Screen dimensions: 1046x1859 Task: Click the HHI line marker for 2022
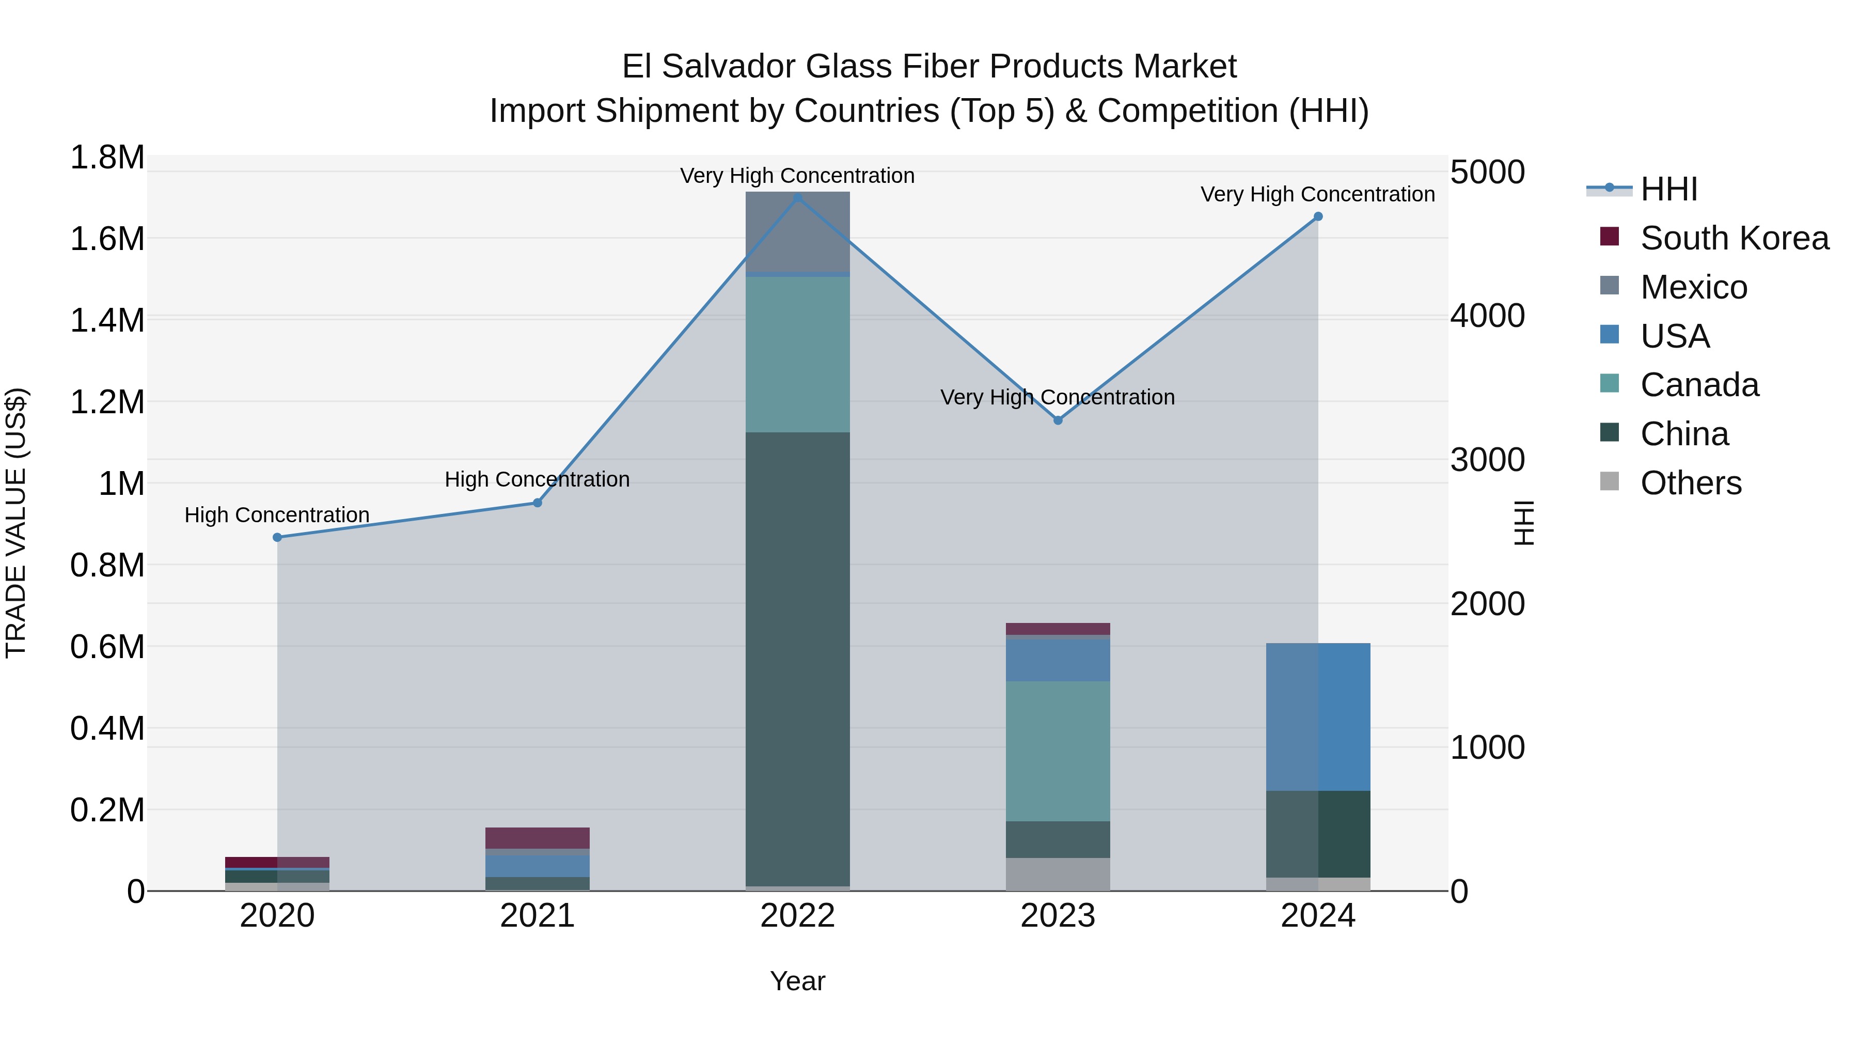tap(797, 198)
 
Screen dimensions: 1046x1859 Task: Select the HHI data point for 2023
tap(1058, 420)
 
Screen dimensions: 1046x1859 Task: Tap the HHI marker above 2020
tap(277, 537)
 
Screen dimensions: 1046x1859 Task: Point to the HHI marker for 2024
tap(1318, 216)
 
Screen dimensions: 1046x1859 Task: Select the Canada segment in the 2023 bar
tap(1058, 751)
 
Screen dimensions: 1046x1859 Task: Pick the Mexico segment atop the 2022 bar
tap(797, 231)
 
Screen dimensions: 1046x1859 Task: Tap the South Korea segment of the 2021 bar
tap(538, 837)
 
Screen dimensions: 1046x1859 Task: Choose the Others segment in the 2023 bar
tap(1058, 873)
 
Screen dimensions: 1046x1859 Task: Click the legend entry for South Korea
tap(1734, 238)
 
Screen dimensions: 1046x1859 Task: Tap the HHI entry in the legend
tap(1668, 189)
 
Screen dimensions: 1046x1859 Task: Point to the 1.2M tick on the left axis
tap(107, 402)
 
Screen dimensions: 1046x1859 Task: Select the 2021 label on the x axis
tap(538, 916)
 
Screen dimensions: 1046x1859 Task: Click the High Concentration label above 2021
tap(537, 479)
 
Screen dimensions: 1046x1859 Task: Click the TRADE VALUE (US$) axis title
tap(16, 523)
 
